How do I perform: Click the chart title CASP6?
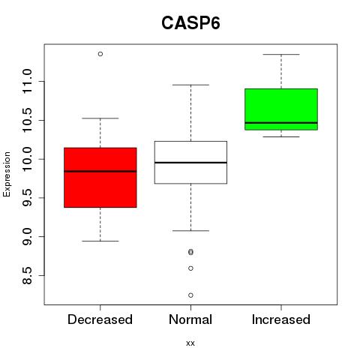[190, 23]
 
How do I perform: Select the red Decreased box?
[100, 178]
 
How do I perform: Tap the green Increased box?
[281, 109]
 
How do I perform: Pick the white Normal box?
[190, 163]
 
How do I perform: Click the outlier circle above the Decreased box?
[100, 54]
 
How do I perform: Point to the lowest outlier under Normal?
[190, 295]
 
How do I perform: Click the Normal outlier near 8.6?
[190, 268]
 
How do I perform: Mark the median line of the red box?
[100, 171]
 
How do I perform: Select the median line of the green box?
[281, 123]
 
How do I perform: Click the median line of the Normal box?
[190, 163]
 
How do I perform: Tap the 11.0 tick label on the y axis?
[27, 82]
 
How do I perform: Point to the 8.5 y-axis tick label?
[27, 275]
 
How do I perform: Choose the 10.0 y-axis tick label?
[27, 159]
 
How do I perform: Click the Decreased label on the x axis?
[100, 319]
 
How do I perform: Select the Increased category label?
[281, 319]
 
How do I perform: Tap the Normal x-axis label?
[190, 319]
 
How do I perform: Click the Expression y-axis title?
[7, 174]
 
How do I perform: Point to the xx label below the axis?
[190, 343]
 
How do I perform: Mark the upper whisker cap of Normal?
[190, 85]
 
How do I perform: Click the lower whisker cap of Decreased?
[100, 241]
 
